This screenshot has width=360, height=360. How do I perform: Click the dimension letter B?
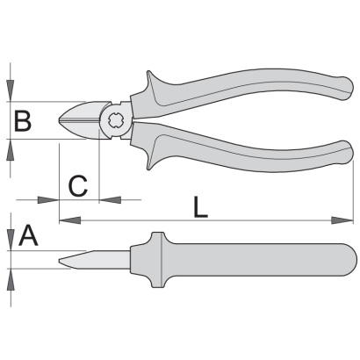(23, 120)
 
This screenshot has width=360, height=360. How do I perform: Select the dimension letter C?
(78, 186)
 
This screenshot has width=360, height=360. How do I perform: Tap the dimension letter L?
(200, 207)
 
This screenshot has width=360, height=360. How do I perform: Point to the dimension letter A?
(28, 235)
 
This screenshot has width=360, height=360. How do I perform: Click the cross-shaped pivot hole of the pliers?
(116, 120)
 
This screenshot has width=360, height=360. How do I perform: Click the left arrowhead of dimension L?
(69, 220)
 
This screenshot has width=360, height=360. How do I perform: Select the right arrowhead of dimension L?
(342, 220)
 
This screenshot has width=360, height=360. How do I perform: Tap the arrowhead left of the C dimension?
(48, 200)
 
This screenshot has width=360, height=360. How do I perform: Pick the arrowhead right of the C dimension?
(110, 200)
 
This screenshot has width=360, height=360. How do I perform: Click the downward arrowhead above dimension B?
(11, 91)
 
